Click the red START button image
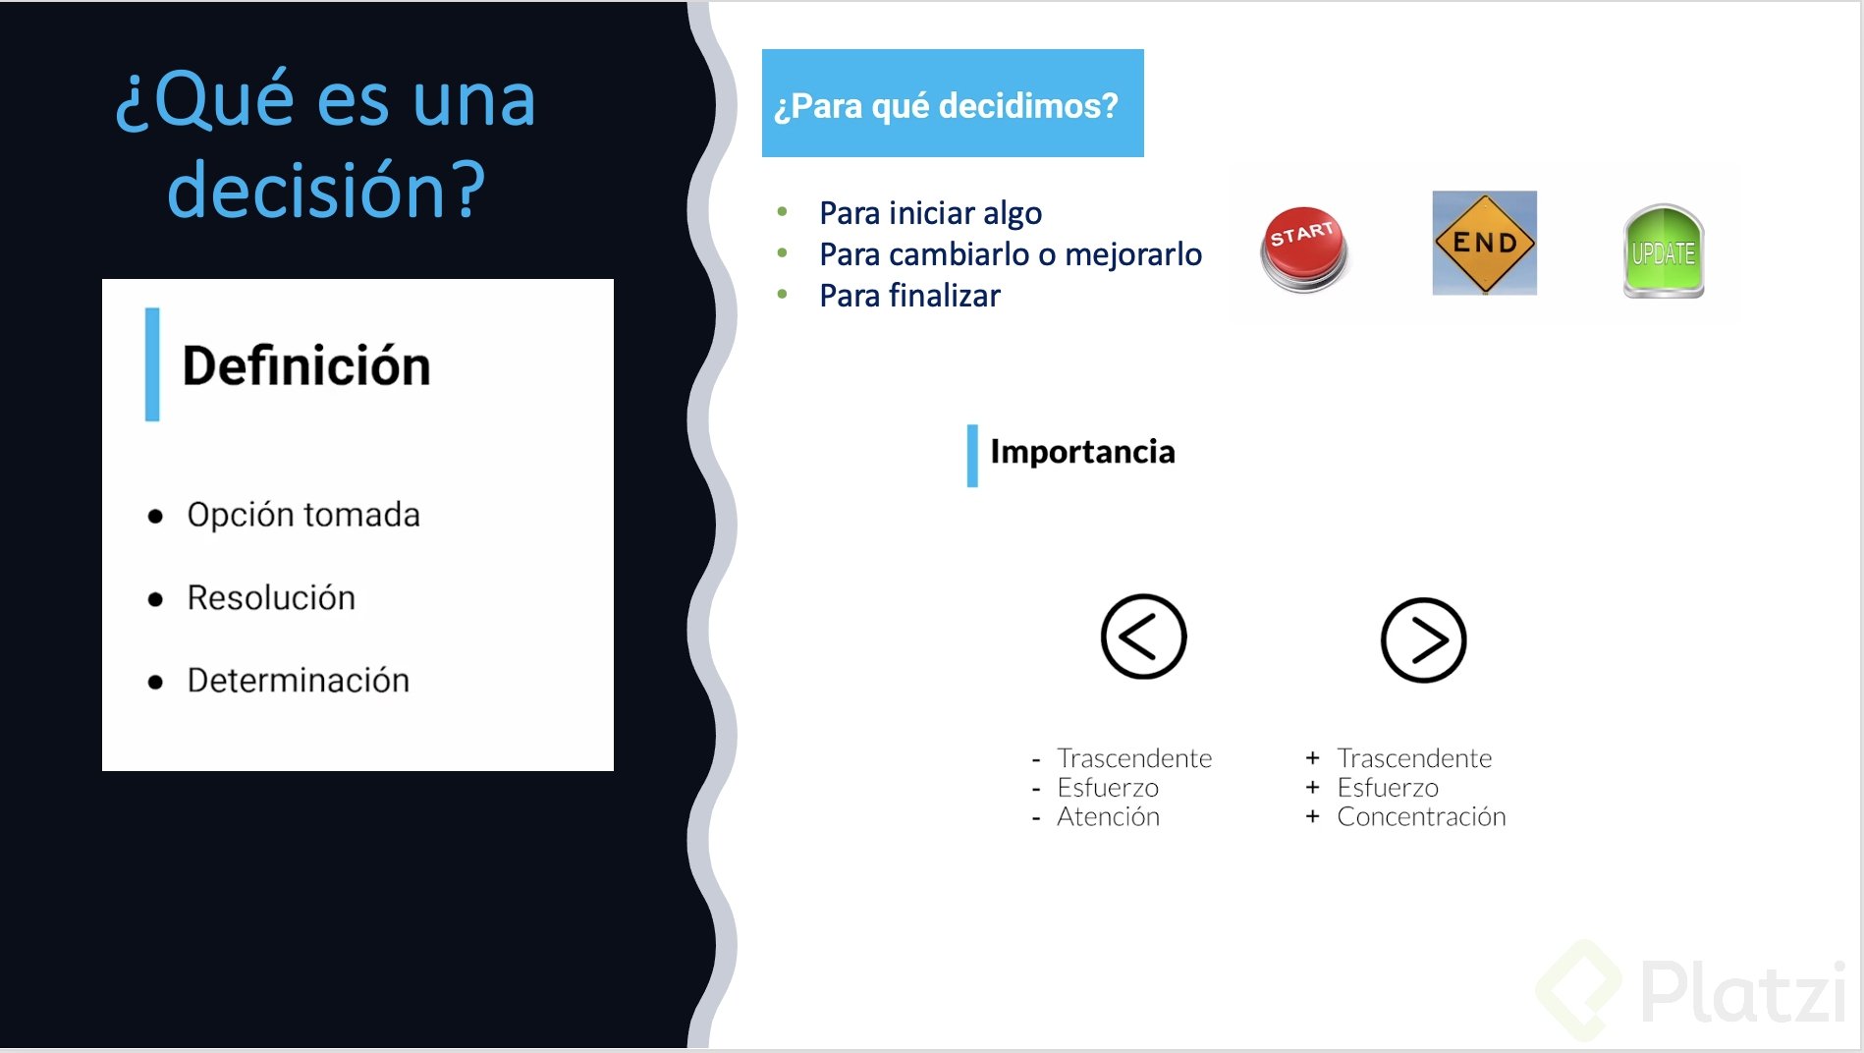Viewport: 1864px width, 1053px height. [1304, 249]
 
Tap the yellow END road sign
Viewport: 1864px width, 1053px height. [1484, 243]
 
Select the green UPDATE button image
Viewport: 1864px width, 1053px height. [1664, 251]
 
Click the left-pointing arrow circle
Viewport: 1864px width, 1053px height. [1143, 637]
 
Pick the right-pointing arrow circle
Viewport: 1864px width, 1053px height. [1423, 640]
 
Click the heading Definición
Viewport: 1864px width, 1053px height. [306, 366]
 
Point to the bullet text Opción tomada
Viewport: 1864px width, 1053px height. [303, 515]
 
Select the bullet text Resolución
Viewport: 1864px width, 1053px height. [271, 598]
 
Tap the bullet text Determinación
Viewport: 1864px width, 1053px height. [298, 681]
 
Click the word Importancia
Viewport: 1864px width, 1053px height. [1082, 452]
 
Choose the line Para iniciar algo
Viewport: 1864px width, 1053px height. [930, 213]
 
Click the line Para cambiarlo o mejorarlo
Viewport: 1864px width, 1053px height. [1011, 254]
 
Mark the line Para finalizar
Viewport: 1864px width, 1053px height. [909, 296]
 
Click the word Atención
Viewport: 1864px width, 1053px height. [1108, 817]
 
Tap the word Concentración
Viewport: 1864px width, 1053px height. [1421, 817]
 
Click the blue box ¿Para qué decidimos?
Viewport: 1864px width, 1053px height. [953, 103]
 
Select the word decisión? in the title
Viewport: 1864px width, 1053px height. [326, 190]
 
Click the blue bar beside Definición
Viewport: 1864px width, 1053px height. [152, 364]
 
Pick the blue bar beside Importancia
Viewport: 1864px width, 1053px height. [972, 455]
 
